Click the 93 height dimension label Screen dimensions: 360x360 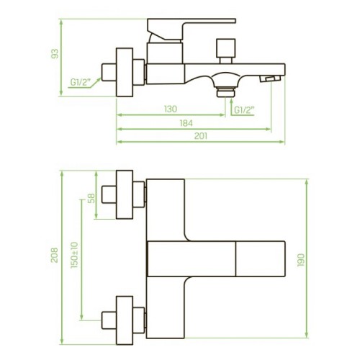click(x=55, y=53)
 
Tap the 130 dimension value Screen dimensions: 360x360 click(x=171, y=109)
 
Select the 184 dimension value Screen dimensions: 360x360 click(x=186, y=123)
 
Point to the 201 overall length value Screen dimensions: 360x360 click(x=201, y=136)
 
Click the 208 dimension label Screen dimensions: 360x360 click(x=55, y=255)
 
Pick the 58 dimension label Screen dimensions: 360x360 click(x=91, y=198)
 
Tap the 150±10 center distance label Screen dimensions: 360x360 click(x=74, y=255)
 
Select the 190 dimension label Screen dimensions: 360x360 click(x=301, y=260)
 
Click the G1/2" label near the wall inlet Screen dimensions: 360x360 click(x=81, y=82)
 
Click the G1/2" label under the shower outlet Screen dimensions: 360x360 click(x=244, y=110)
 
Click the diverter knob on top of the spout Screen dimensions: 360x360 click(x=225, y=51)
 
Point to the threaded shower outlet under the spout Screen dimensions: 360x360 click(x=225, y=92)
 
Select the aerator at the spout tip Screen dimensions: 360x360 click(x=271, y=78)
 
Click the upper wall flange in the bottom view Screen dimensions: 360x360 click(x=125, y=194)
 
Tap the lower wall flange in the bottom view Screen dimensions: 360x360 click(x=125, y=320)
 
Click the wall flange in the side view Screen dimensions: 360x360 click(x=125, y=72)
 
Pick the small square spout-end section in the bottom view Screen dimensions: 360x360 click(x=261, y=258)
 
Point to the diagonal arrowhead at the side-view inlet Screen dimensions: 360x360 click(x=99, y=80)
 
